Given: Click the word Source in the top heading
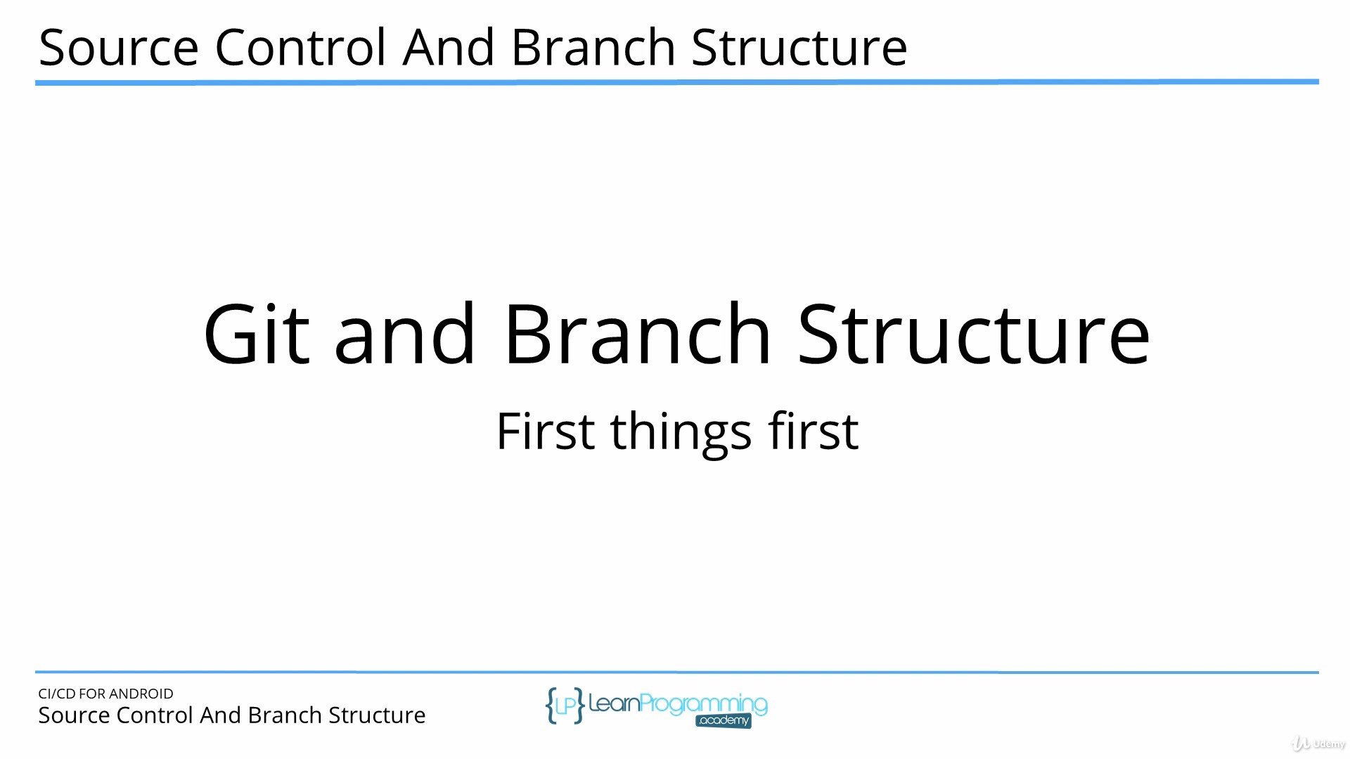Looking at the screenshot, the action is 119,48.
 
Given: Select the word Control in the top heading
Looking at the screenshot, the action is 300,48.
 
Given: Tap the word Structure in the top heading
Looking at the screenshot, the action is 799,48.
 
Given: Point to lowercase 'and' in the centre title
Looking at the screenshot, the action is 405,335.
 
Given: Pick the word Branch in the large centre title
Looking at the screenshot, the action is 638,335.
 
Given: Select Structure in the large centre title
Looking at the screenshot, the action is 974,335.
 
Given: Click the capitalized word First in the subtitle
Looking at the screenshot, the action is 546,431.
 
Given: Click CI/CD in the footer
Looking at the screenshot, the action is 57,694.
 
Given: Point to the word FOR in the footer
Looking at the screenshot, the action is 92,694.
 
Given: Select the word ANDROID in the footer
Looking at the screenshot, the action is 141,694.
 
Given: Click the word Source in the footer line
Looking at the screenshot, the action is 75,715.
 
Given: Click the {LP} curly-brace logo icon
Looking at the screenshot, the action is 565,706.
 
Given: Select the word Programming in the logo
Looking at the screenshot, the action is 704,705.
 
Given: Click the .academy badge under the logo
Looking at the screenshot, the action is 724,721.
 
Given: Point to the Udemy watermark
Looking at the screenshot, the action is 1319,744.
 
